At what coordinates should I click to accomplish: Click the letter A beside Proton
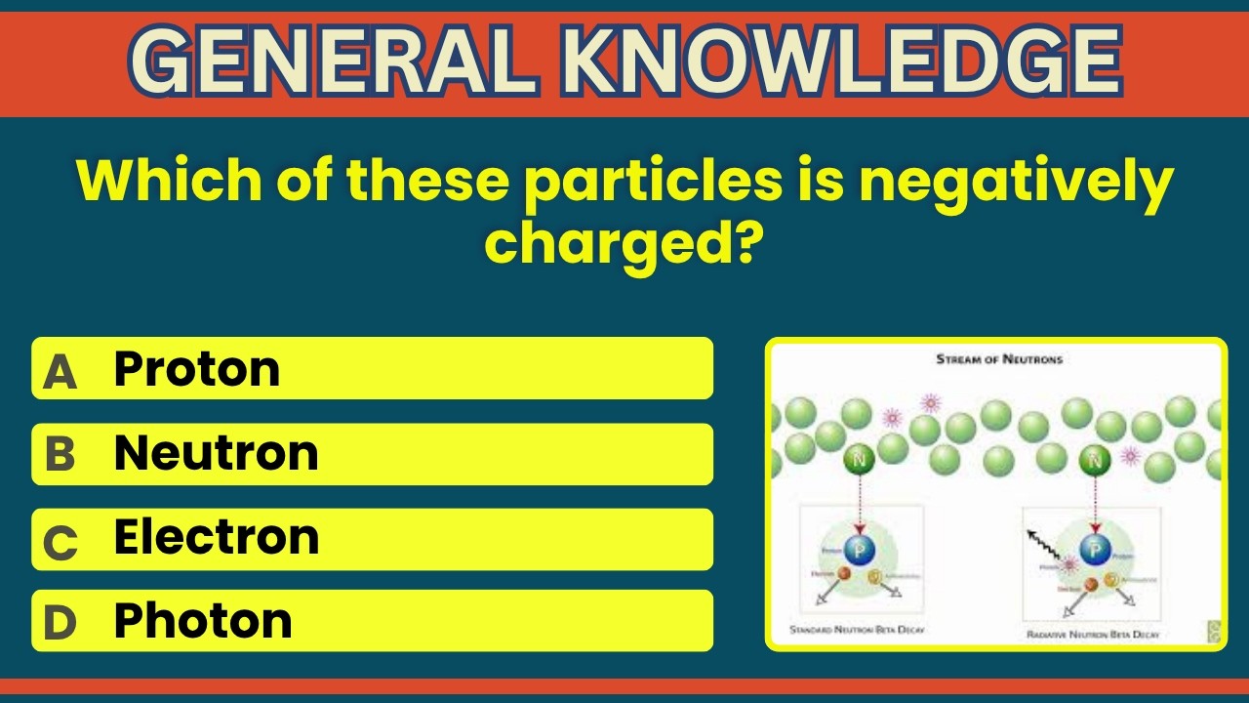click(60, 372)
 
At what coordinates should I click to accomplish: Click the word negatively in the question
click(1015, 180)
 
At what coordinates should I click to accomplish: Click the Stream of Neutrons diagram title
click(999, 359)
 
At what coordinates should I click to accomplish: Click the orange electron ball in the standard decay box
click(845, 583)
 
